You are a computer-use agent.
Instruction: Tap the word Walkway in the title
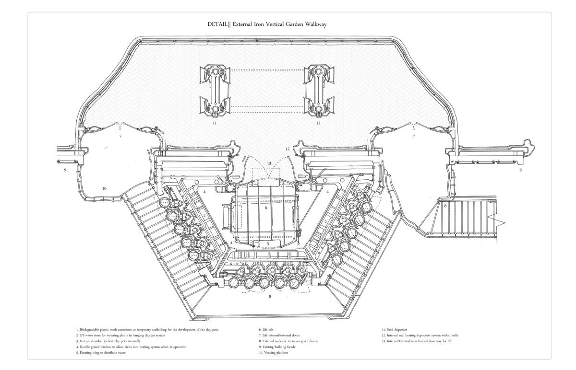[315, 25]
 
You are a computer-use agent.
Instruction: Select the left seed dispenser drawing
[215, 91]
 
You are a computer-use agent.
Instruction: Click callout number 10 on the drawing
[104, 188]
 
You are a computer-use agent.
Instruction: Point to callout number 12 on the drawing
[288, 149]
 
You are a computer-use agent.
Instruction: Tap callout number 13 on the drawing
[269, 164]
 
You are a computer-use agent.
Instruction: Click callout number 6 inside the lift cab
[266, 208]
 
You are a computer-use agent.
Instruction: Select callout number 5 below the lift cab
[269, 244]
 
